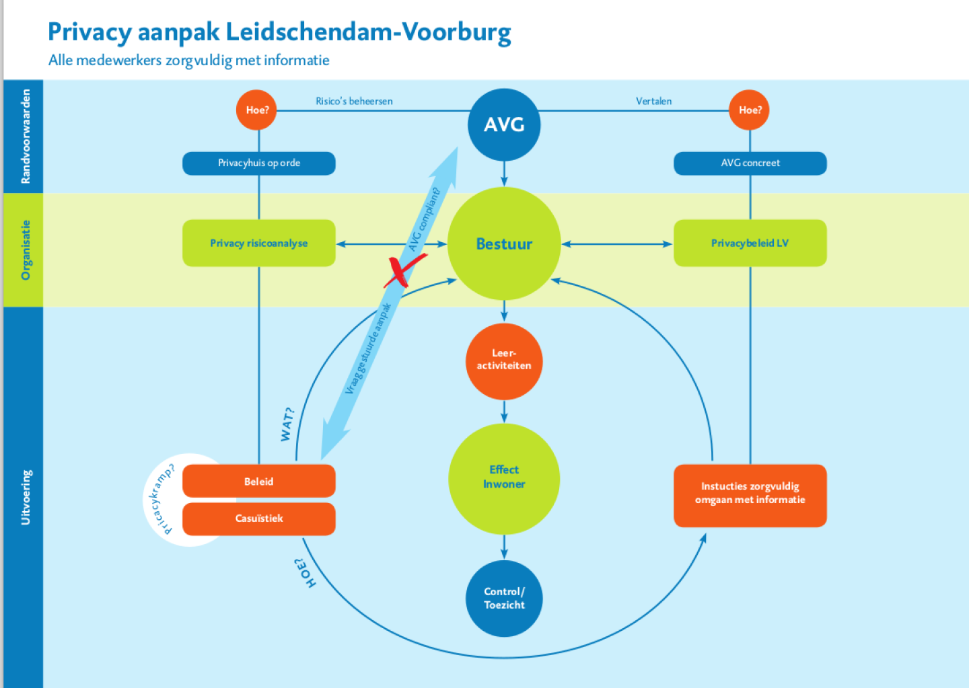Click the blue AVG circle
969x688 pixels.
point(504,125)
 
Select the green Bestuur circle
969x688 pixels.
point(504,243)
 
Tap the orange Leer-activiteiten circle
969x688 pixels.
point(504,360)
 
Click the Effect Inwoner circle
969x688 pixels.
point(504,477)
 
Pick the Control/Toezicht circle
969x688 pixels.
point(504,598)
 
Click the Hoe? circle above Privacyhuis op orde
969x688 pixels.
point(256,110)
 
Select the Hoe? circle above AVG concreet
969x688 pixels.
point(750,110)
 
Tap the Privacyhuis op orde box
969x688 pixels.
point(259,163)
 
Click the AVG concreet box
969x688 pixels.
point(750,163)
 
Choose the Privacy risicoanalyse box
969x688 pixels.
point(259,243)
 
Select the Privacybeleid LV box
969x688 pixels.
point(750,243)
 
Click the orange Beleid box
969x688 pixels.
point(259,482)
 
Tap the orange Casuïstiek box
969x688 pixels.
point(259,519)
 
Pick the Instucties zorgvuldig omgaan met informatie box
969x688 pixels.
point(750,494)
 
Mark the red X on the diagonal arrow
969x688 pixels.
point(404,271)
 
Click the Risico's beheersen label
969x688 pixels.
point(354,102)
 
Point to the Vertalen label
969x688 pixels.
point(653,102)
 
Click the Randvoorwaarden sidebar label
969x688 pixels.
point(26,137)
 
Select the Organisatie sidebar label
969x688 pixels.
point(26,250)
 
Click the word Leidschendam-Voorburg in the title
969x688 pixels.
point(368,32)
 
